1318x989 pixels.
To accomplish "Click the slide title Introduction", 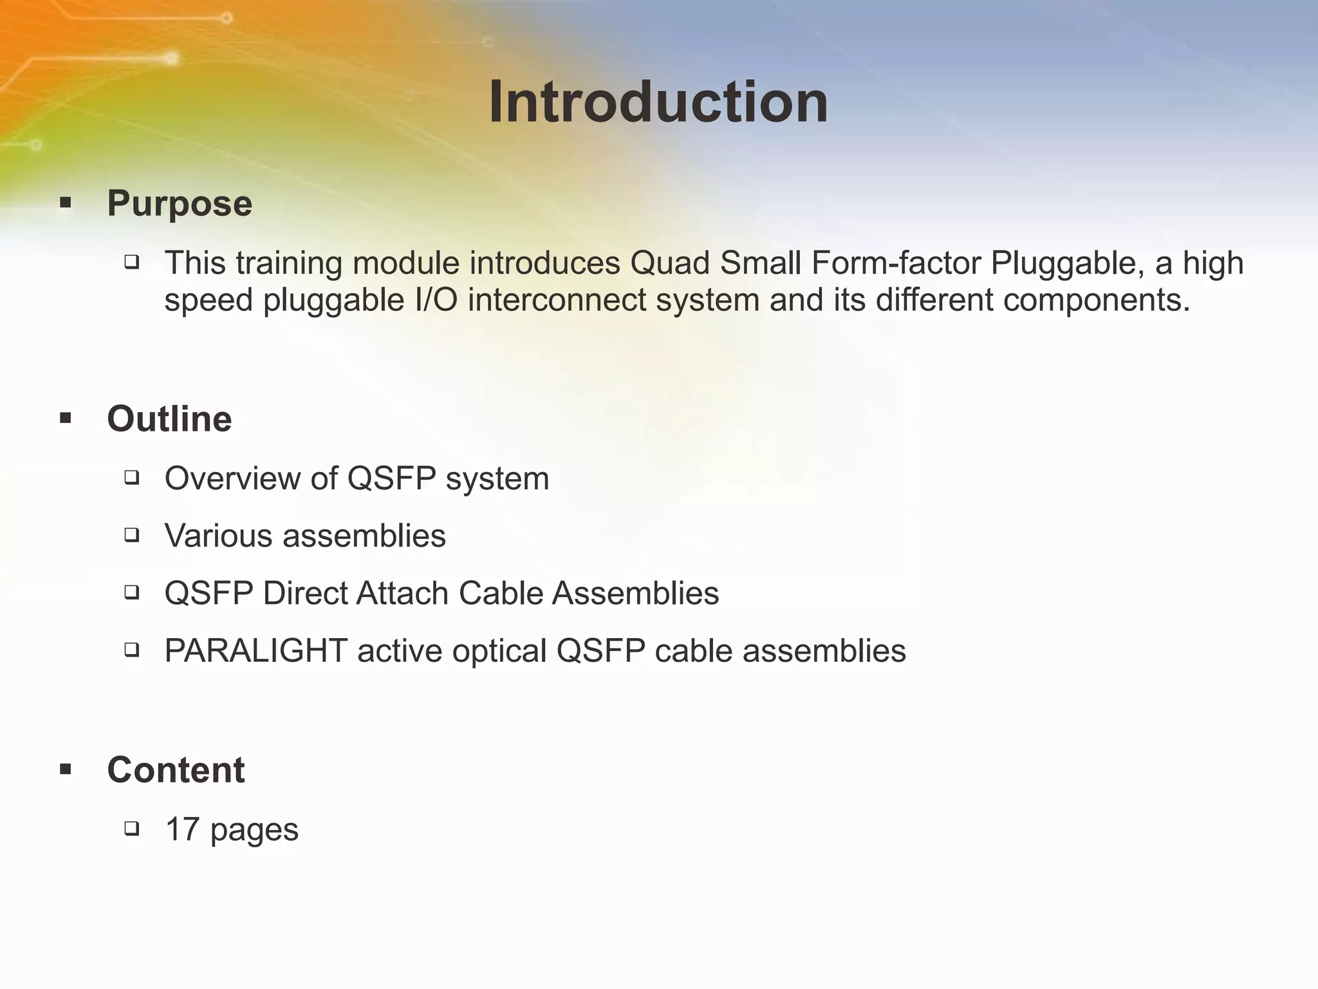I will click(x=658, y=103).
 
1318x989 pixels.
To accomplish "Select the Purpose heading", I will click(x=180, y=203).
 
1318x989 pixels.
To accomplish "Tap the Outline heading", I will click(x=169, y=419).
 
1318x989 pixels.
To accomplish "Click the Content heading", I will click(x=176, y=769).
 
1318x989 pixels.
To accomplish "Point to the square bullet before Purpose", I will click(x=65, y=204).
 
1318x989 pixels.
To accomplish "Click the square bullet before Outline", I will click(x=65, y=419).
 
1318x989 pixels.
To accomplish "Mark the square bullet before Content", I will click(x=65, y=769).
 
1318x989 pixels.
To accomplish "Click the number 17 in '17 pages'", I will click(x=182, y=829).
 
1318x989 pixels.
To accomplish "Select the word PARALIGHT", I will click(x=256, y=650).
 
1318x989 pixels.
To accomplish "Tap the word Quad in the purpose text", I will click(x=669, y=263).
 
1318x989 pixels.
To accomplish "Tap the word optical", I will click(x=499, y=650).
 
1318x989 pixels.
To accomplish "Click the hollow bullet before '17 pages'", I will click(x=132, y=829).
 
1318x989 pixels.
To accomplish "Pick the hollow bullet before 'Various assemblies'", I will click(x=132, y=534).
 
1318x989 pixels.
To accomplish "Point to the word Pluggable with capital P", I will click(x=1064, y=264).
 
